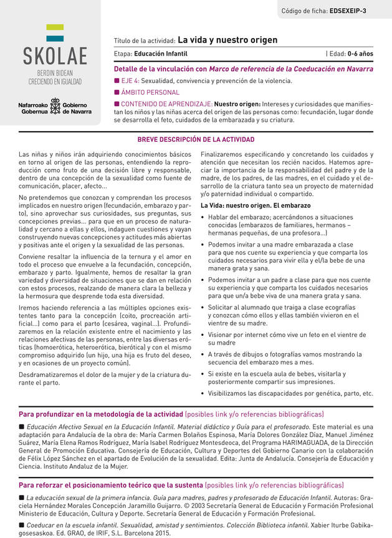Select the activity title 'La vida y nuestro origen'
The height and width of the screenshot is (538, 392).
point(227,40)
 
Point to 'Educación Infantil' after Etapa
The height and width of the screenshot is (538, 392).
point(161,54)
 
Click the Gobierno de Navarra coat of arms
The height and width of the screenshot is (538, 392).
point(54,106)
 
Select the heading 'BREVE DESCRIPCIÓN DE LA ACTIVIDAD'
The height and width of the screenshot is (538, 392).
point(196,140)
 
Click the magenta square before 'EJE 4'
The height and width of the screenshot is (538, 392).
point(117,81)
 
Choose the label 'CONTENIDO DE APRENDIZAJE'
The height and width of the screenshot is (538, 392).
point(166,103)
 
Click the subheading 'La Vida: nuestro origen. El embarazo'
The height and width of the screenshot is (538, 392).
point(255,205)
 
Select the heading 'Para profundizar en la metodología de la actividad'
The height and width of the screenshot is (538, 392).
point(101,414)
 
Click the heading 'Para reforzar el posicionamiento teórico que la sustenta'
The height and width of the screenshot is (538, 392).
point(111,485)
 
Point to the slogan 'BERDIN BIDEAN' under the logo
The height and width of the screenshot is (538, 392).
point(55,74)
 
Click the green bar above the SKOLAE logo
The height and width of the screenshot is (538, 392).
point(55,27)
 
